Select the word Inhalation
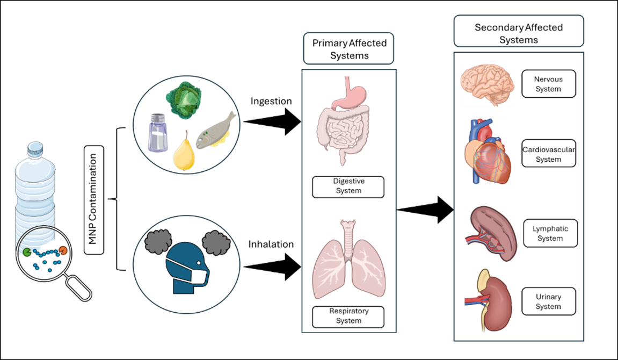click(271, 244)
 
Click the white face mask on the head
click(198, 276)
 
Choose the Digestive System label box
click(348, 187)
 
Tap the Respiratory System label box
click(348, 316)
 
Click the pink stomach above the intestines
click(354, 95)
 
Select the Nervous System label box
click(548, 84)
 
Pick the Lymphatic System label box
click(550, 233)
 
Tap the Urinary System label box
click(548, 301)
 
